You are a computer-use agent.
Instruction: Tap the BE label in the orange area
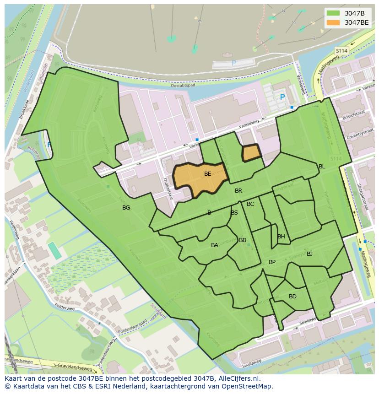click(208, 174)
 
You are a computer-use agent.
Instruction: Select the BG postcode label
click(126, 208)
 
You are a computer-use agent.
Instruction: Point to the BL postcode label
click(322, 167)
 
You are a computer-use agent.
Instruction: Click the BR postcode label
click(238, 191)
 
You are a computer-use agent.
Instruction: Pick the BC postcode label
click(250, 204)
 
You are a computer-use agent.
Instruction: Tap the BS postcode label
click(234, 213)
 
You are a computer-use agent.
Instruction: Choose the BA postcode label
click(215, 245)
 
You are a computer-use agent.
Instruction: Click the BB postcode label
click(243, 240)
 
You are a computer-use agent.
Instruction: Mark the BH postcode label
click(281, 237)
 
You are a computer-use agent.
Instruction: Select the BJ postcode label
click(309, 254)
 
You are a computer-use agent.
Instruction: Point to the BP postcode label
click(272, 262)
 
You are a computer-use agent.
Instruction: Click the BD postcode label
click(292, 297)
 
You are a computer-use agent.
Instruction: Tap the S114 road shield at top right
click(341, 51)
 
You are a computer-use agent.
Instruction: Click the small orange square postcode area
click(251, 153)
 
